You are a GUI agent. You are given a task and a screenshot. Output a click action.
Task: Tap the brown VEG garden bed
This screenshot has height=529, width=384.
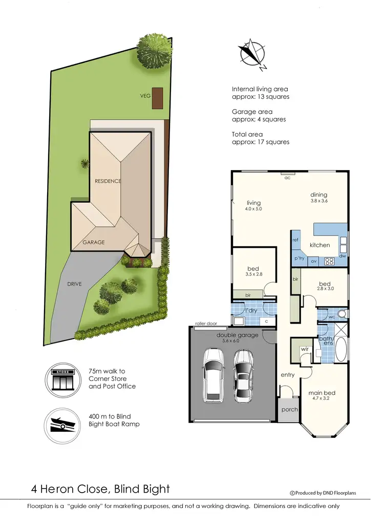[x=157, y=98]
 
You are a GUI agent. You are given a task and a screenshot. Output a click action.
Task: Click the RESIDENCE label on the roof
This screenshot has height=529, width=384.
[x=108, y=181]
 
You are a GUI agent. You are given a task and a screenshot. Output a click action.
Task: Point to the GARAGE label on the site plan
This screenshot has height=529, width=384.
[x=94, y=242]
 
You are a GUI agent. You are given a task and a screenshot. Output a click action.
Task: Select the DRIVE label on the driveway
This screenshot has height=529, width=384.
[x=74, y=284]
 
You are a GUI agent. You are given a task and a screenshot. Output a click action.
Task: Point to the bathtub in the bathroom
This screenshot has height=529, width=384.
[x=340, y=350]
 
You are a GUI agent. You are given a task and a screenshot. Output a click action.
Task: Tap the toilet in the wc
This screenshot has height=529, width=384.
[x=342, y=313]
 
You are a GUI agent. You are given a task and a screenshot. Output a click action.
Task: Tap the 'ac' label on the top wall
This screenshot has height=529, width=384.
[x=287, y=178]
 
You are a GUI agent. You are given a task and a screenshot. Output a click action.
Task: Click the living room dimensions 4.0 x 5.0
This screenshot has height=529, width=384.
[x=253, y=209]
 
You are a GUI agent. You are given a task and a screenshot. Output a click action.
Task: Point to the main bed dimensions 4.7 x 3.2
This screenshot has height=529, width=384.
[x=321, y=400]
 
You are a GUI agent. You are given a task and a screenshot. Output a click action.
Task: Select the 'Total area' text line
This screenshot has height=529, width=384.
[x=248, y=135]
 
